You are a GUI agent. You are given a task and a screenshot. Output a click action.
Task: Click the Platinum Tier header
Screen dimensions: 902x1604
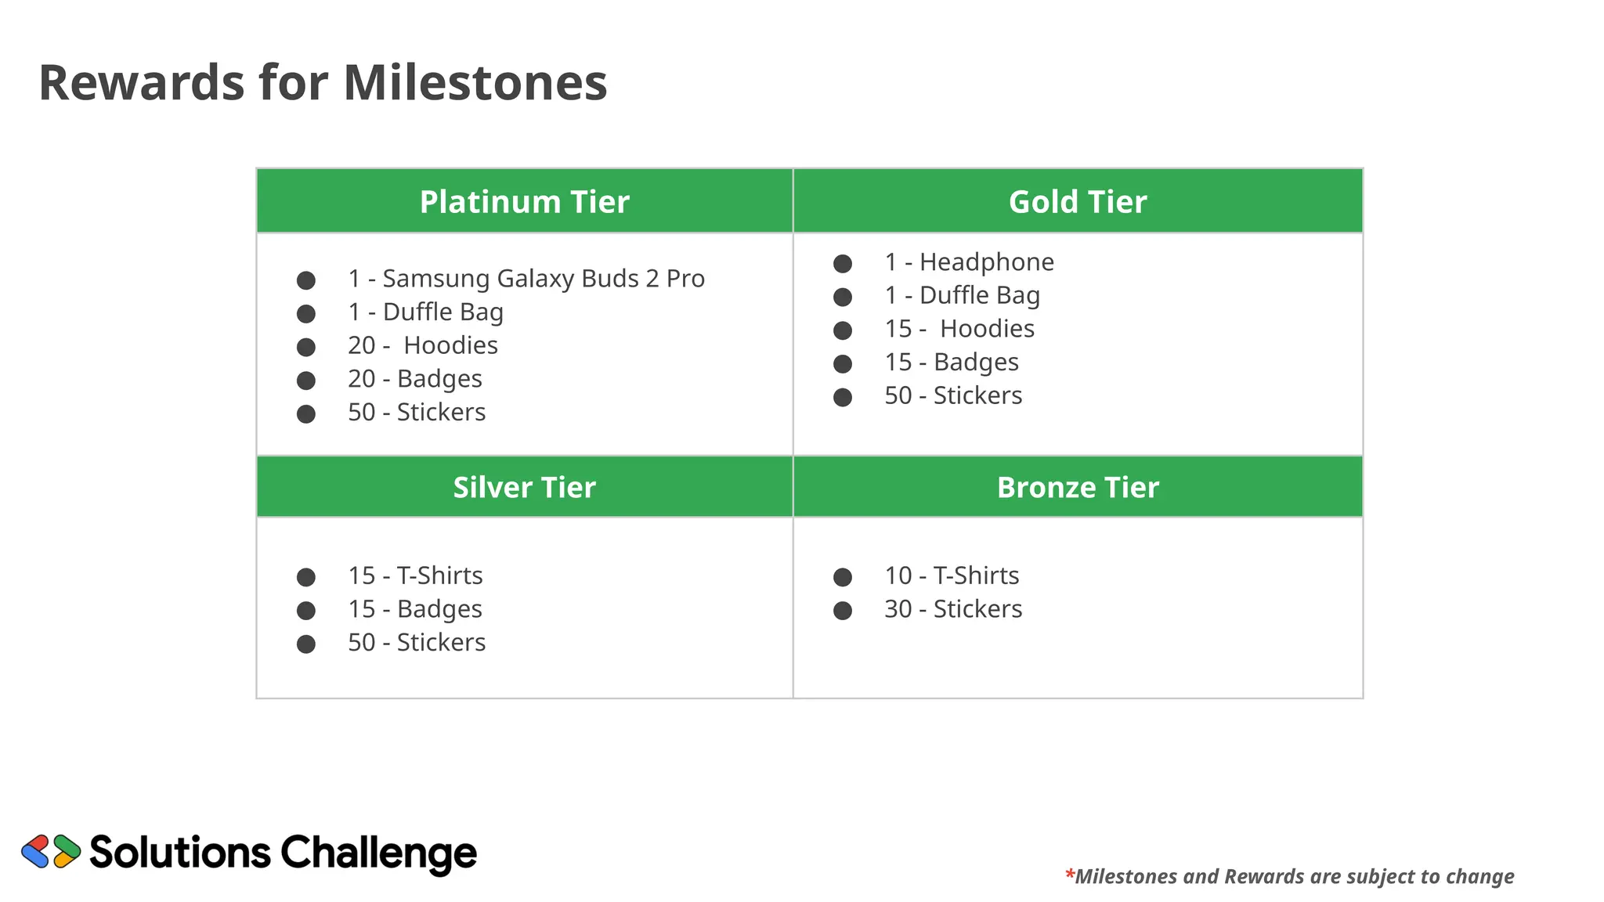[524, 202]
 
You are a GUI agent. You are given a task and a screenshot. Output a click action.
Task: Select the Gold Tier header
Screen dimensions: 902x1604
[1077, 202]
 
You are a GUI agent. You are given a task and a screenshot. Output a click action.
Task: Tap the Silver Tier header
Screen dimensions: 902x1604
[524, 488]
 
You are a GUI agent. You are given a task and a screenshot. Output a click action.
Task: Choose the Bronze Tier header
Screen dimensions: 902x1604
[1077, 488]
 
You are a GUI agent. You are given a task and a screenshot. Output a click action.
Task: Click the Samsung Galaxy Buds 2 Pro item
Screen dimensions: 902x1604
[526, 279]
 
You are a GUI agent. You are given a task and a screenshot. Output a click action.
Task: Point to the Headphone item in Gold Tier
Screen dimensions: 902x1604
[969, 262]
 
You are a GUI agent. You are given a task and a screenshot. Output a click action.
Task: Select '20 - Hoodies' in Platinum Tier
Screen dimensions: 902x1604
[422, 345]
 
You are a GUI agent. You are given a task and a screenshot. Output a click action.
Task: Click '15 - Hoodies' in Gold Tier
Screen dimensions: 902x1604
[959, 329]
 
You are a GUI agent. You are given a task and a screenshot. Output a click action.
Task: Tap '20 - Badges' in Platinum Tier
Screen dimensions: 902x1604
[414, 379]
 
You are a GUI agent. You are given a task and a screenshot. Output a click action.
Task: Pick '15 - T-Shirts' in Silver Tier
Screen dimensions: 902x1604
[414, 575]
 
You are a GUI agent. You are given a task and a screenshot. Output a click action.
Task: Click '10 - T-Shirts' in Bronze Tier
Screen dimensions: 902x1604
[951, 575]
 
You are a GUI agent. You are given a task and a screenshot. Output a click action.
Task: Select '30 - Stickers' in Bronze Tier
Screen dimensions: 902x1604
[952, 609]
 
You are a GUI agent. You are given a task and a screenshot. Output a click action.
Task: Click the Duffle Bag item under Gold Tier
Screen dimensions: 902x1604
[962, 295]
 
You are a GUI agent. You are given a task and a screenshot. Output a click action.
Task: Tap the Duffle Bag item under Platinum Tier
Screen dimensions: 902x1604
[425, 312]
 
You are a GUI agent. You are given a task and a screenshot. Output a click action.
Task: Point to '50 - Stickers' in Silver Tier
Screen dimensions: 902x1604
[416, 643]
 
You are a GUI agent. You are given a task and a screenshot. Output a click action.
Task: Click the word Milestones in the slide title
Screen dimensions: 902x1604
[475, 83]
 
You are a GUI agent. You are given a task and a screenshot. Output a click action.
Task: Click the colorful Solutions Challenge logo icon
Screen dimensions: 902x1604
[51, 851]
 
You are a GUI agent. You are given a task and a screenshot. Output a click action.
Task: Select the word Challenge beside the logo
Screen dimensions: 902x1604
[378, 853]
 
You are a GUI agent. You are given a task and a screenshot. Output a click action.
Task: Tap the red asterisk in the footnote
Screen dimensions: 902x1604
[1069, 873]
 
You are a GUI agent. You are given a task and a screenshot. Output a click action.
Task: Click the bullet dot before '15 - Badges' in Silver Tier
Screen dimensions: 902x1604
[306, 611]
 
